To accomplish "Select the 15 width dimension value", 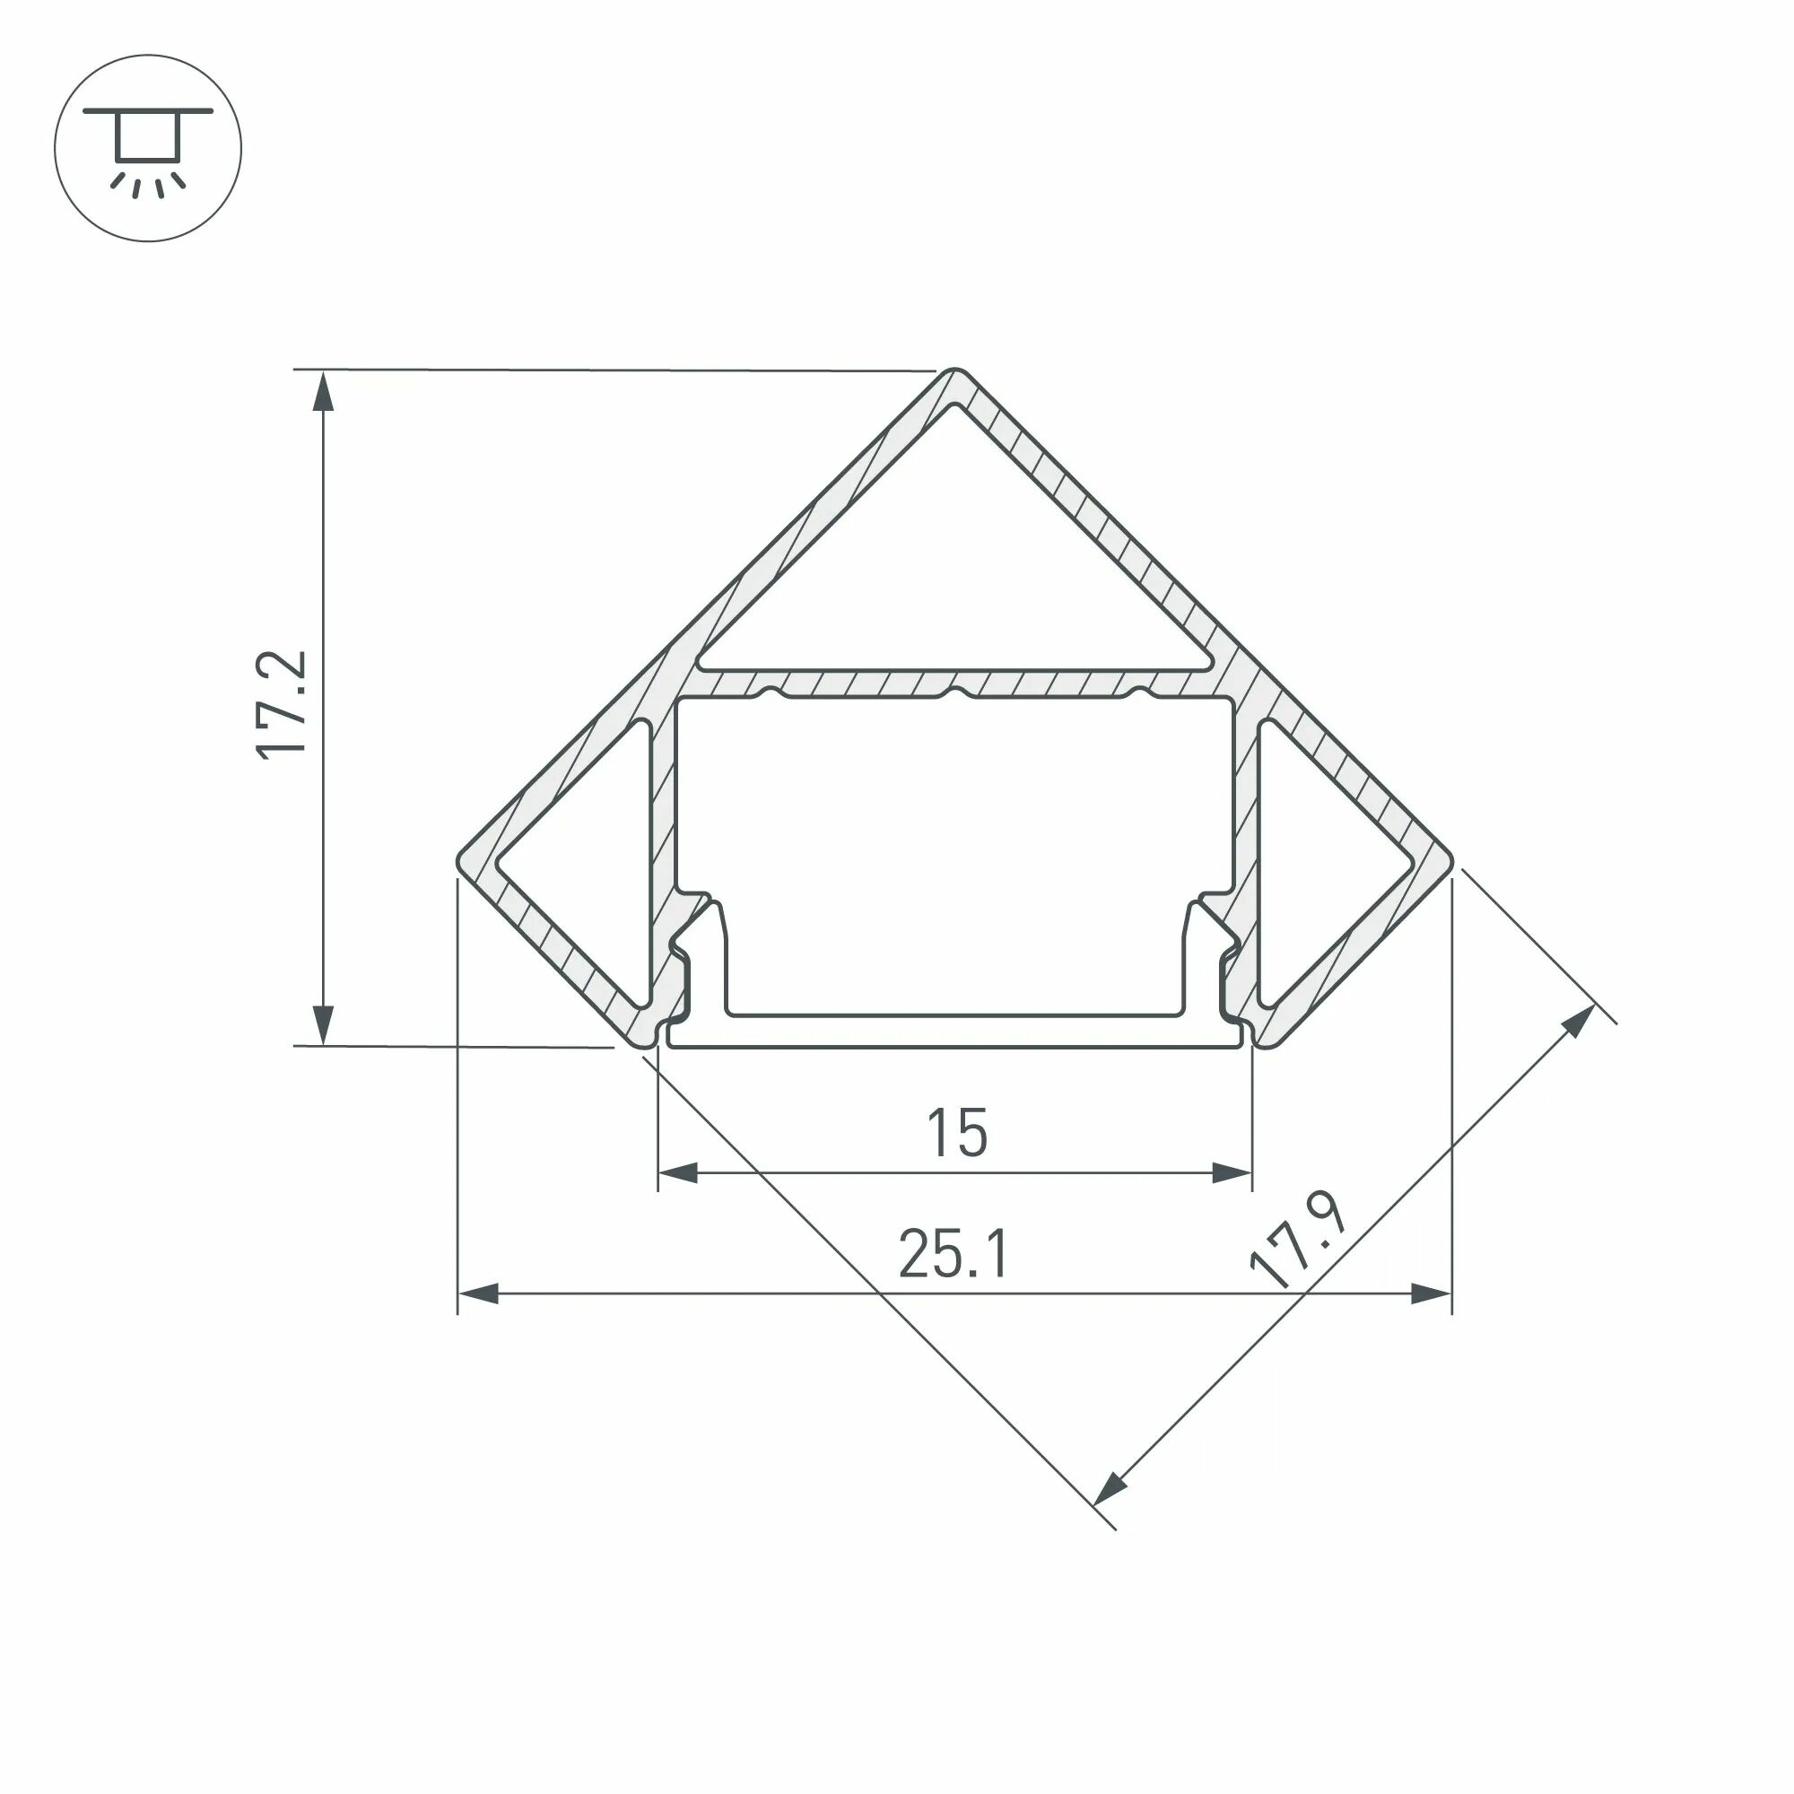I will click(956, 1133).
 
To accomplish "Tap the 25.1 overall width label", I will click(953, 1254).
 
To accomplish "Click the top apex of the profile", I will click(953, 372).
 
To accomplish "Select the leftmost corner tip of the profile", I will click(460, 861).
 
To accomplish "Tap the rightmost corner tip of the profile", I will click(1450, 861).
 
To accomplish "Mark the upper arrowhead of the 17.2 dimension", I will click(322, 390).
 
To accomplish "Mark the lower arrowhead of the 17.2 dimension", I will click(322, 1025).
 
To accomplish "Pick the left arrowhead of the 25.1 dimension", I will click(477, 1293).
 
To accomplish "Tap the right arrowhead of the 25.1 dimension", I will click(1432, 1293).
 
